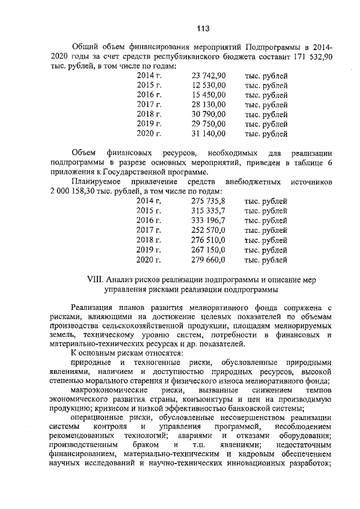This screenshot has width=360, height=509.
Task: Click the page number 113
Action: tap(203, 29)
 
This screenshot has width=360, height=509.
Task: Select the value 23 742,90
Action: tap(209, 75)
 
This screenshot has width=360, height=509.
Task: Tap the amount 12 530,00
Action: tap(209, 85)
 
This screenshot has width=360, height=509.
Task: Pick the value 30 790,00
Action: tap(209, 114)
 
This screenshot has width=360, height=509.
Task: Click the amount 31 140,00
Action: tap(209, 134)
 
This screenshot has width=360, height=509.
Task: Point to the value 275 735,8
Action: tap(209, 201)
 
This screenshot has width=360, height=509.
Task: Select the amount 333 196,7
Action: tap(209, 220)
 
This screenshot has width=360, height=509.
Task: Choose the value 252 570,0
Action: tap(209, 230)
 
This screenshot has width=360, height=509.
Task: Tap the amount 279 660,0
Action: tap(209, 260)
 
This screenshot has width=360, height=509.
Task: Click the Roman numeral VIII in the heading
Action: tap(97, 280)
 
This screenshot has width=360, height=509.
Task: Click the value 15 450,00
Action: tap(209, 94)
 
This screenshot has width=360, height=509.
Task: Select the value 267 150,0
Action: tap(209, 250)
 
